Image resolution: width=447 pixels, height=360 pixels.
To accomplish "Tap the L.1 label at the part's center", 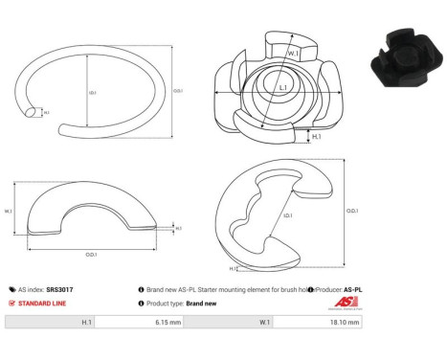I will coord(283,88).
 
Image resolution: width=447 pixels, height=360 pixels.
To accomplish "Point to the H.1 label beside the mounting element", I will coord(317,138).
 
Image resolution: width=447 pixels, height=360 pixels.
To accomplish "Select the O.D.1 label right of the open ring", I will coord(176,91).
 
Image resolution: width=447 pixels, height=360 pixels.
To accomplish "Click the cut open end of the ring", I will coord(34,113).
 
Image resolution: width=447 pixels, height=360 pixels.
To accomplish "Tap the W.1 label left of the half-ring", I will coord(9,211).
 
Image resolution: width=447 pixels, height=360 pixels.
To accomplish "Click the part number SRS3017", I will coord(58,288).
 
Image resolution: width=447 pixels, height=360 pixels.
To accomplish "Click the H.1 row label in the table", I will coord(86,324).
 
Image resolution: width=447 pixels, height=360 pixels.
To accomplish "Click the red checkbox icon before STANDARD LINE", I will coord(11,304).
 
